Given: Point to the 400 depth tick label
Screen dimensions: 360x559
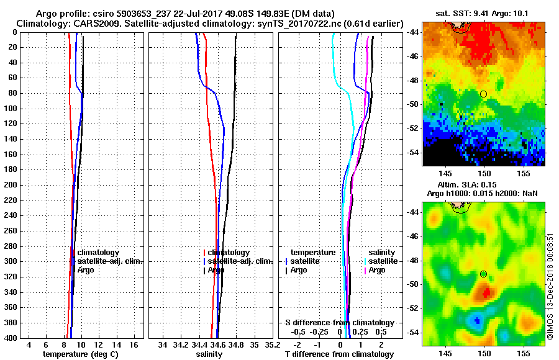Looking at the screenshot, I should (11, 338).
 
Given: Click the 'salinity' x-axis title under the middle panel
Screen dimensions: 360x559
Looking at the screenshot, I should (209, 354).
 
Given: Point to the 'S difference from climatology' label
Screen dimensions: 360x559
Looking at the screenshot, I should (340, 323).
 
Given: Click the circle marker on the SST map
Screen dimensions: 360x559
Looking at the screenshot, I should (483, 94).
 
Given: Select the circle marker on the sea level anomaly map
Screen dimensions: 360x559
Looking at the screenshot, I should (483, 274).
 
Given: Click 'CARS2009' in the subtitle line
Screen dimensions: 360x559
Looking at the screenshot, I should (93, 23).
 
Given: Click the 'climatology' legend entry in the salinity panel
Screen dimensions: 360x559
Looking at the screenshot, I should (229, 253).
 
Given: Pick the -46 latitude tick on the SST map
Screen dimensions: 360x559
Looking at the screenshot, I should (415, 56).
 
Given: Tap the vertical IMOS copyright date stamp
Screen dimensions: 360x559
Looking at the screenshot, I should (550, 286).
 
